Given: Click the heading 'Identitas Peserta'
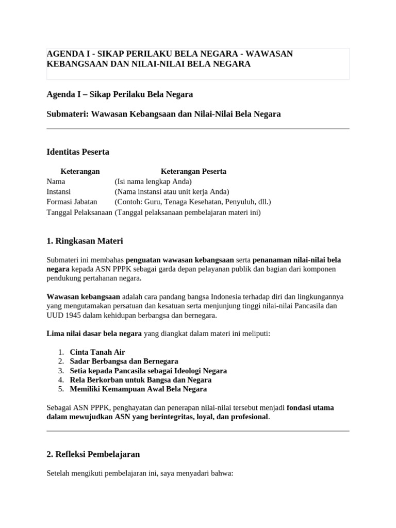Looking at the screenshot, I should tap(78, 152).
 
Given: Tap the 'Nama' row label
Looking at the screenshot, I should tap(56, 181).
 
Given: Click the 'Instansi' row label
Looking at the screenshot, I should tap(58, 192).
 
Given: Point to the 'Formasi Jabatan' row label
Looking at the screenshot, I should tap(72, 202).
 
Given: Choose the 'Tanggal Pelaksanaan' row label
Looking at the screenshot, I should tap(79, 212).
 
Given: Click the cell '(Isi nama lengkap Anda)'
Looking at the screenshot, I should tap(153, 181).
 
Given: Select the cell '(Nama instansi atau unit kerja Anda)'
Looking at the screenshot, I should tap(172, 192).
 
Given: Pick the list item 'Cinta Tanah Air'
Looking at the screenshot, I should tap(97, 352).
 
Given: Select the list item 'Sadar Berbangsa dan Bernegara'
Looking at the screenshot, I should tap(124, 361).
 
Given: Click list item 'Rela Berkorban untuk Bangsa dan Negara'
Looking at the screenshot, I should tap(138, 380).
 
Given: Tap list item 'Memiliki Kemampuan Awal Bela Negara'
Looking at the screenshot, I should tap(138, 389).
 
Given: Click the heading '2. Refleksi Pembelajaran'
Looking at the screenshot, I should tap(93, 454).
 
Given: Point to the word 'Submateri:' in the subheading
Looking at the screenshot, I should tap(68, 114).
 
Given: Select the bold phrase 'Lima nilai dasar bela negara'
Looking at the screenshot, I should tap(94, 334).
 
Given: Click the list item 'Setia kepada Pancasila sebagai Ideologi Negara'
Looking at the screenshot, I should tap(148, 371).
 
